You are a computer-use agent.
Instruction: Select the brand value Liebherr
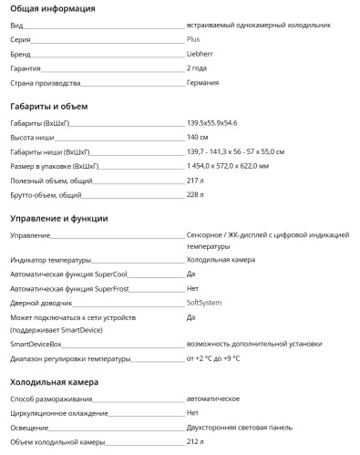pyautogui.click(x=201, y=55)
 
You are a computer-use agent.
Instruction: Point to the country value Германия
pyautogui.click(x=202, y=83)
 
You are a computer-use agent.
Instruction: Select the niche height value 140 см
pyautogui.click(x=198, y=137)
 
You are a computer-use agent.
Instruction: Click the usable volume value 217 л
pyautogui.click(x=194, y=180)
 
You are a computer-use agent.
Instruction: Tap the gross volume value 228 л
pyautogui.click(x=194, y=194)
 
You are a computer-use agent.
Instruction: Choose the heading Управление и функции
pyautogui.click(x=58, y=219)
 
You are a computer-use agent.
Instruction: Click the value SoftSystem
pyautogui.click(x=205, y=302)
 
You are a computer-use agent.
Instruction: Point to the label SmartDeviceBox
pyautogui.click(x=36, y=344)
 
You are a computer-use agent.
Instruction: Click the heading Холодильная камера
pyautogui.click(x=54, y=382)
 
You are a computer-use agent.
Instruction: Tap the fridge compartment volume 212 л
pyautogui.click(x=194, y=441)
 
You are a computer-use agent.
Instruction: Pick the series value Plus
pyautogui.click(x=193, y=41)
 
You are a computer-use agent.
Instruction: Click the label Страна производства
pyautogui.click(x=41, y=83)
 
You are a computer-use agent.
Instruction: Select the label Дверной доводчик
pyautogui.click(x=41, y=302)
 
